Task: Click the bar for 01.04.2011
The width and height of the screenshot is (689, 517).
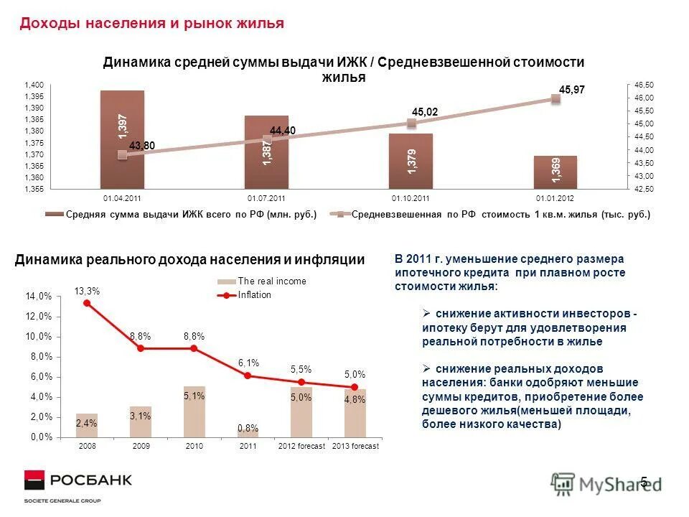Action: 122,139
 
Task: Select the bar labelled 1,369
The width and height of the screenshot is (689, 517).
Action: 556,172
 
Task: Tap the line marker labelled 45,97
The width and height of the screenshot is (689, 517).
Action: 556,100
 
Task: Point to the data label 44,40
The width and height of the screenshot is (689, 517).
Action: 283,130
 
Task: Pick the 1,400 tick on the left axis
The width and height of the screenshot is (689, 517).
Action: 34,85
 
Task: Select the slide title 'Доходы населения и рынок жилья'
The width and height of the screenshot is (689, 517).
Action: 151,24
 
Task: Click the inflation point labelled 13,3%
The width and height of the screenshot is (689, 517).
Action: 87,303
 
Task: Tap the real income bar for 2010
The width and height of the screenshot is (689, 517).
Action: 194,411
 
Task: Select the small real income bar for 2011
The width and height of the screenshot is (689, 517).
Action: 248,433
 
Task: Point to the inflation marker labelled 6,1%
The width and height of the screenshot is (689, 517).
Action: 248,376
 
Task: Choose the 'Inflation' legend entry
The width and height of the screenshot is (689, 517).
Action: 255,295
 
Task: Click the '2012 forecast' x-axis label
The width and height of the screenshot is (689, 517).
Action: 301,446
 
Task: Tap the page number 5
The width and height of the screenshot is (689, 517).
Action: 644,481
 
